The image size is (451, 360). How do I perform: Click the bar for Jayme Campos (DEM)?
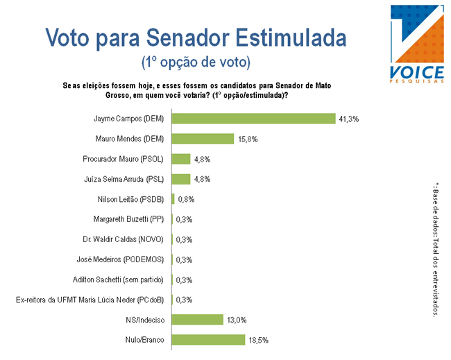click(x=253, y=119)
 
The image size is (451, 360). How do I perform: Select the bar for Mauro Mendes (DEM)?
click(x=203, y=139)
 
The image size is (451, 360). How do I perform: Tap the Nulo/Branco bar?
click(x=207, y=340)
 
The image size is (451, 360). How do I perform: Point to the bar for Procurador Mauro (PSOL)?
click(x=180, y=159)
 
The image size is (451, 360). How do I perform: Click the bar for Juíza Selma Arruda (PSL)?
click(x=180, y=179)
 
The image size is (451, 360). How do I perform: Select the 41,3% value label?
click(x=348, y=119)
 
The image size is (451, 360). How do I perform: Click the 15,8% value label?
click(x=248, y=139)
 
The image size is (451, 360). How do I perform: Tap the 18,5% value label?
click(x=258, y=341)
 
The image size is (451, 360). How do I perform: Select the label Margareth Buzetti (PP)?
click(x=128, y=220)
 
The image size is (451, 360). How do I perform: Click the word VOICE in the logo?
click(x=418, y=72)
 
